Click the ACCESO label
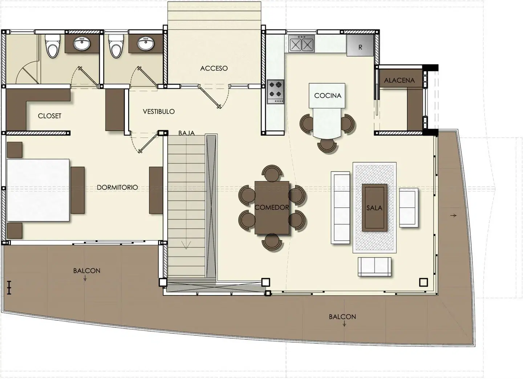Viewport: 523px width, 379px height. click(x=214, y=68)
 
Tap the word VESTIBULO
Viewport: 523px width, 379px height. click(x=159, y=112)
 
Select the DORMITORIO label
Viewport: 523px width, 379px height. click(x=117, y=187)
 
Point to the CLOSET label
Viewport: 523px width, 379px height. click(x=49, y=116)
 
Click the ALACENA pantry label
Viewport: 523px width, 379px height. click(x=399, y=80)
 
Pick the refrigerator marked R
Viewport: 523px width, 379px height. click(x=360, y=45)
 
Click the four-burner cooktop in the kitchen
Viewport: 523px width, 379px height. click(x=276, y=92)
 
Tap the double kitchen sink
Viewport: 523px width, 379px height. click(x=301, y=44)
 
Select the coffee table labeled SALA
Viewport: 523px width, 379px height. click(x=374, y=207)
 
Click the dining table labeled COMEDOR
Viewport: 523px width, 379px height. click(x=272, y=207)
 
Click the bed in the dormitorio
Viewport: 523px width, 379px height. click(x=38, y=190)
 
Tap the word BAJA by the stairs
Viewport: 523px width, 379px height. click(x=186, y=133)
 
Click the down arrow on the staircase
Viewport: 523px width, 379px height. click(x=186, y=245)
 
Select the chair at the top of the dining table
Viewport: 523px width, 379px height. click(x=272, y=173)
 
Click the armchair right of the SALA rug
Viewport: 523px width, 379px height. click(x=409, y=207)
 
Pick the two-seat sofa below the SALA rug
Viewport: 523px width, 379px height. click(x=374, y=267)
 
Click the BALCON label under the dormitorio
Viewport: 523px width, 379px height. click(x=86, y=271)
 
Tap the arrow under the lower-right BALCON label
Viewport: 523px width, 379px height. click(x=344, y=324)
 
